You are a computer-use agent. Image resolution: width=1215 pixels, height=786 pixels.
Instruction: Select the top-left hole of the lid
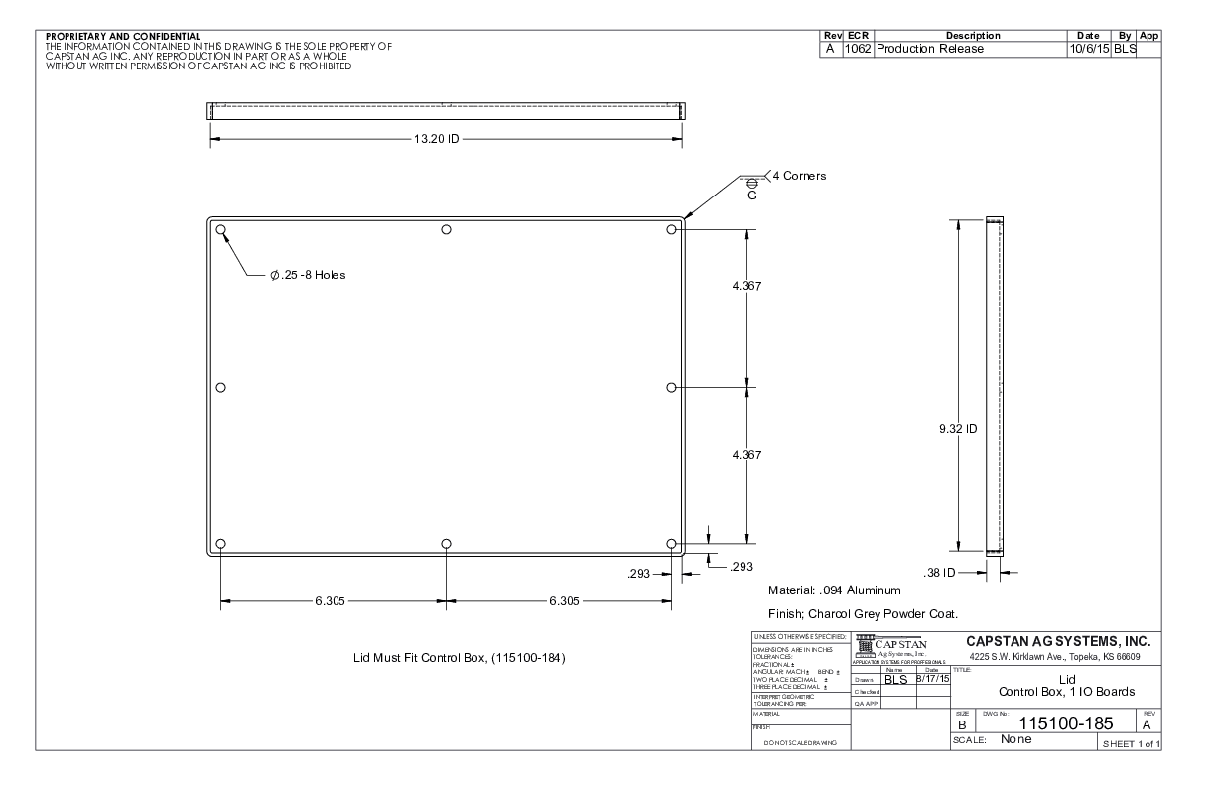(221, 230)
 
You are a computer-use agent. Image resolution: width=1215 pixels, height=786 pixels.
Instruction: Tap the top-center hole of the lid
(447, 230)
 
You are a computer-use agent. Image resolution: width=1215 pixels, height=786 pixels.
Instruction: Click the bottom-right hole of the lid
(672, 544)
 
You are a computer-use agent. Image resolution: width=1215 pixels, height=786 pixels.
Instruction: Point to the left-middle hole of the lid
(221, 387)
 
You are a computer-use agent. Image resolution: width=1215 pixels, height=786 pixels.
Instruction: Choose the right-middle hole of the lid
(672, 387)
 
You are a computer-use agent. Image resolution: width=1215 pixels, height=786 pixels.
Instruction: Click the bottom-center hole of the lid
(447, 544)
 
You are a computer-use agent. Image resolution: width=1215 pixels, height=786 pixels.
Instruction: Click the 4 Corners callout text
(799, 176)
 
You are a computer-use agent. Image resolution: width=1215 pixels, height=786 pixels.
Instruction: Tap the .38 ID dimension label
(941, 572)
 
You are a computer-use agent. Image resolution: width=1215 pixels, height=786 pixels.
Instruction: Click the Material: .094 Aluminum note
(834, 590)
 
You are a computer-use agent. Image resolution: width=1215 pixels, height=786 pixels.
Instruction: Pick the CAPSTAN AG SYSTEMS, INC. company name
(1057, 640)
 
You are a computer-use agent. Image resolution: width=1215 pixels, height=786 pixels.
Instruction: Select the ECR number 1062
(857, 49)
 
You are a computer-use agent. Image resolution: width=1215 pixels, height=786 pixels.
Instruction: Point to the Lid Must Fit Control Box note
(460, 658)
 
